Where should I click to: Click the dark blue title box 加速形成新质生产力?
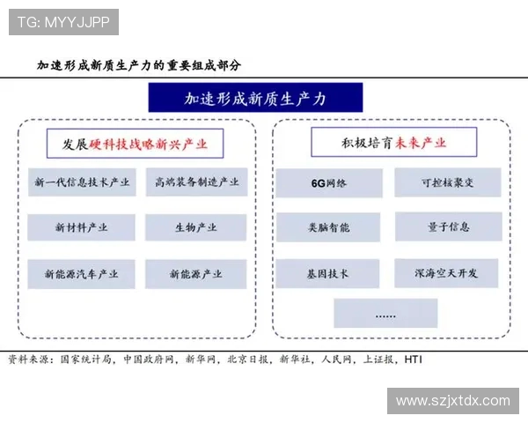(x=254, y=98)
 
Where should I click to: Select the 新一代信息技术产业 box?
(x=82, y=182)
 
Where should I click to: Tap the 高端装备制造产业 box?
(x=196, y=182)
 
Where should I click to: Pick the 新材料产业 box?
(x=82, y=227)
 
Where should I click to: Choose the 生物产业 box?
(x=196, y=227)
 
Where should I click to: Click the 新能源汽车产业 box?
(x=82, y=274)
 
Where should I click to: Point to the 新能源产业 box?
(x=196, y=274)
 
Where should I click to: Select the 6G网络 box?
(x=329, y=183)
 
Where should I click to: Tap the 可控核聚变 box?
(x=447, y=183)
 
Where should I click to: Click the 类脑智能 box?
(x=329, y=227)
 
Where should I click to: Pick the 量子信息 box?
(x=447, y=227)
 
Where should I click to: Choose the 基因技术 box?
(x=329, y=274)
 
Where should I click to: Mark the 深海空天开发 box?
(x=447, y=274)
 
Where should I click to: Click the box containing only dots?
(x=386, y=314)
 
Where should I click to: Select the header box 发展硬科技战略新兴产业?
(x=136, y=143)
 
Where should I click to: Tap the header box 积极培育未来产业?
(x=393, y=142)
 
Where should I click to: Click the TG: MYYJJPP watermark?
(x=64, y=22)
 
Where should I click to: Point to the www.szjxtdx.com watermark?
(x=453, y=400)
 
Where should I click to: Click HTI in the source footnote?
(x=414, y=360)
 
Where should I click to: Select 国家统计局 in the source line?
(x=89, y=360)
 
